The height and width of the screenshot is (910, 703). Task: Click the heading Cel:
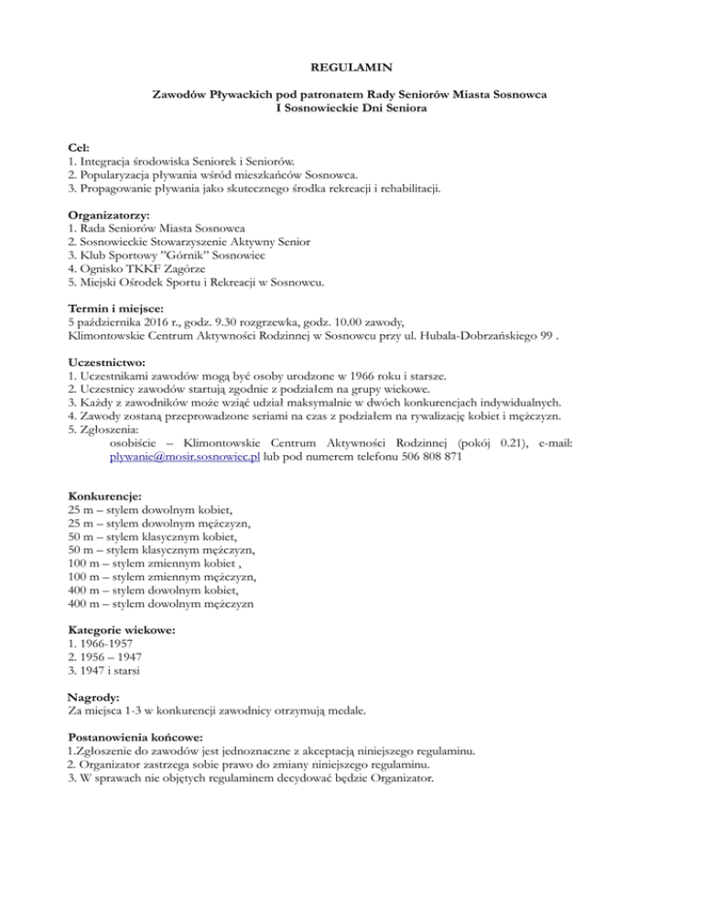click(x=80, y=146)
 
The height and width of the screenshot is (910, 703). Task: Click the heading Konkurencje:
click(x=104, y=495)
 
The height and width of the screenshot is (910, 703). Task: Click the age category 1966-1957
click(x=101, y=644)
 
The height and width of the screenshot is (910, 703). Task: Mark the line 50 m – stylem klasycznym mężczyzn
click(x=161, y=550)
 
